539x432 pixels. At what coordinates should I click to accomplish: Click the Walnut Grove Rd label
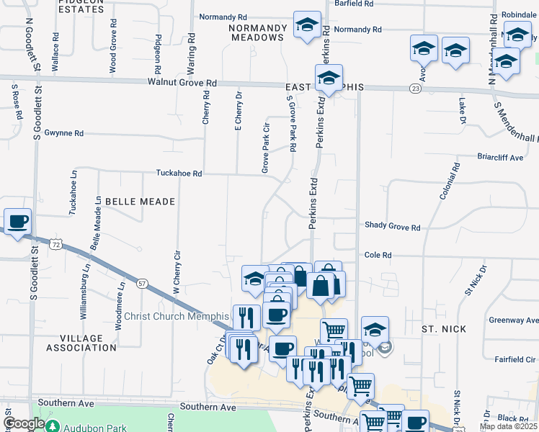point(182,83)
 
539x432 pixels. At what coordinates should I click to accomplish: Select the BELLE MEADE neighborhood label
point(140,202)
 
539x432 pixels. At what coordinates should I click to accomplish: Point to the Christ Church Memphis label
point(177,317)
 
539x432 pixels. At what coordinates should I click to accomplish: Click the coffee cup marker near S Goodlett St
point(17,220)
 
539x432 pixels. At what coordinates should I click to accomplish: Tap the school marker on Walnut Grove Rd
point(329,78)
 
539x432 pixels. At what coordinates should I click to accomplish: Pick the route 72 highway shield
point(55,246)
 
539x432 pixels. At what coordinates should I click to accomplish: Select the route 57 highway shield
point(143,284)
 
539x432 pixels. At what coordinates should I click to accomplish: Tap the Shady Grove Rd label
point(392,227)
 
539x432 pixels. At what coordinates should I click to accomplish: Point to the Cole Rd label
point(378,255)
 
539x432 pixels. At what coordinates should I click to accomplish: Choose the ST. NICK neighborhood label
point(444,328)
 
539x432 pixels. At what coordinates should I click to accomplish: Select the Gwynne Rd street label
point(64,133)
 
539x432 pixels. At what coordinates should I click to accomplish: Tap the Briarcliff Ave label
point(499,156)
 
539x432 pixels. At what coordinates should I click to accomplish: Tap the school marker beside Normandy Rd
point(307,26)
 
